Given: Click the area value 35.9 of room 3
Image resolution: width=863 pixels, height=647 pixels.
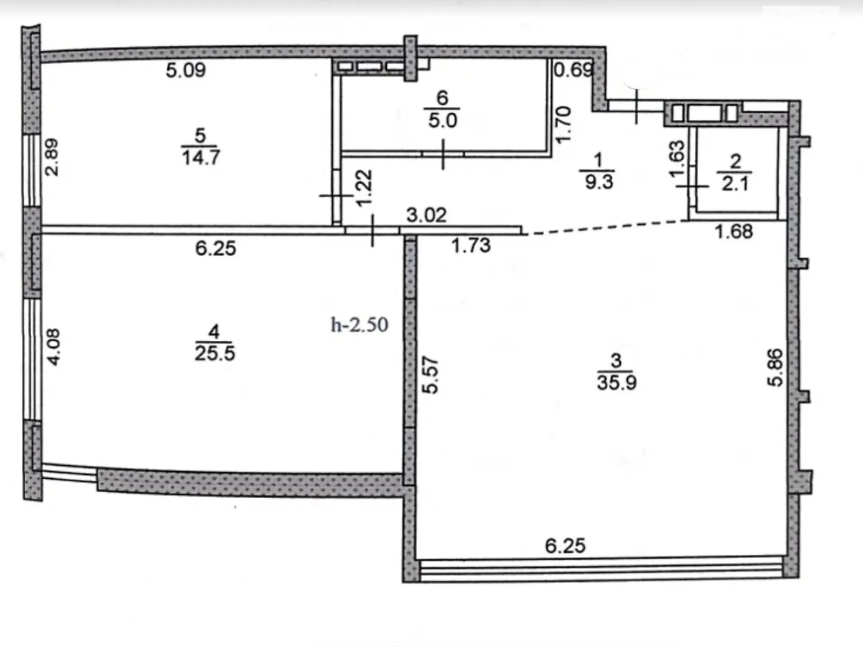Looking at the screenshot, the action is point(617,382).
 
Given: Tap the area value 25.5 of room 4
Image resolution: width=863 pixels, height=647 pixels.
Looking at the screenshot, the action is point(215,354).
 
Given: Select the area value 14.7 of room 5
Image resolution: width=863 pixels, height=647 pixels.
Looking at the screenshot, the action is point(201,157).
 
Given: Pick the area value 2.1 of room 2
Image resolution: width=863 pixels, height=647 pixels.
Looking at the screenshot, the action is point(735,183).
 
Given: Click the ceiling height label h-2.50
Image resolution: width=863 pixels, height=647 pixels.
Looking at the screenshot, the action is point(359,325).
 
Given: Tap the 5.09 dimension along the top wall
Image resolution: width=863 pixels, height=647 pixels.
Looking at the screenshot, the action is point(186,70).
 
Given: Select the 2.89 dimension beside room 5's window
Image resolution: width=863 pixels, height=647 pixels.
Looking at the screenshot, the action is point(51,157).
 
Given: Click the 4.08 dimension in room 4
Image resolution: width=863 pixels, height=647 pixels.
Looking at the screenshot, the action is point(53,347).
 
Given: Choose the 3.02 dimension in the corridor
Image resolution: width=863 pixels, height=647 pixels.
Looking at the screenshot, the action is point(426,215).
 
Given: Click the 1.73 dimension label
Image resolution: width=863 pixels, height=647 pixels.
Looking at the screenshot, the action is point(471,246).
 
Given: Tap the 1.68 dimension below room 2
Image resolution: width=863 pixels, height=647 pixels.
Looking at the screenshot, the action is point(734,231).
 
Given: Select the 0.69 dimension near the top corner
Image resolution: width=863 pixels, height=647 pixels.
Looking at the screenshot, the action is point(573,70).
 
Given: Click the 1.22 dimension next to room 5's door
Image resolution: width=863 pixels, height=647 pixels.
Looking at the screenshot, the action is point(364,188).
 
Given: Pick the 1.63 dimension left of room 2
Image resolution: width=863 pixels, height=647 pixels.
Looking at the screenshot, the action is point(677,159).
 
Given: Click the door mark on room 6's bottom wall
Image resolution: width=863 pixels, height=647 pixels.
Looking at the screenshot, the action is point(443,154).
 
